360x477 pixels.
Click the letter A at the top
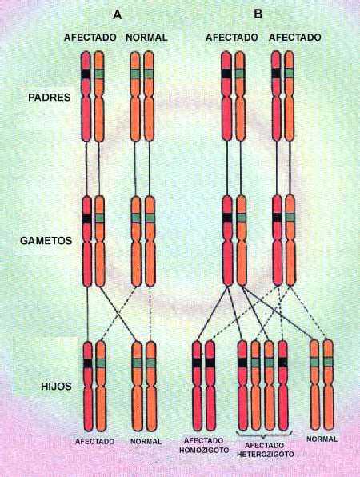117,14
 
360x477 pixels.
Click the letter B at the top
258,14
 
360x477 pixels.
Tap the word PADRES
50,98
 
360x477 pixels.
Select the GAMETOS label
46,241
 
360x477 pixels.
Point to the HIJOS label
56,387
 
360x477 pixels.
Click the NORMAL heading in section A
146,38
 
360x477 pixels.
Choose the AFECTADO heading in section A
90,38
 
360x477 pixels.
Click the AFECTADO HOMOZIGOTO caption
204,445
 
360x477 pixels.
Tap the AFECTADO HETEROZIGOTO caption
265,450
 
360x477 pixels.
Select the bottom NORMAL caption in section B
322,439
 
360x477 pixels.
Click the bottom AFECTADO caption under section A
94,441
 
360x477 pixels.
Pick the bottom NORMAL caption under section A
146,441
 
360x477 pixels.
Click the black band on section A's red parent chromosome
86,74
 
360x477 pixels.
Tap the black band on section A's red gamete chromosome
87,218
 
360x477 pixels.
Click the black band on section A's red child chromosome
88,363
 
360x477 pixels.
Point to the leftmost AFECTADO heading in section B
232,38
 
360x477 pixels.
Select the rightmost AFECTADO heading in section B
294,38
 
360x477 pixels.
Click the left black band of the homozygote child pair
197,363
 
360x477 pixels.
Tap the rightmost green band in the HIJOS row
328,362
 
